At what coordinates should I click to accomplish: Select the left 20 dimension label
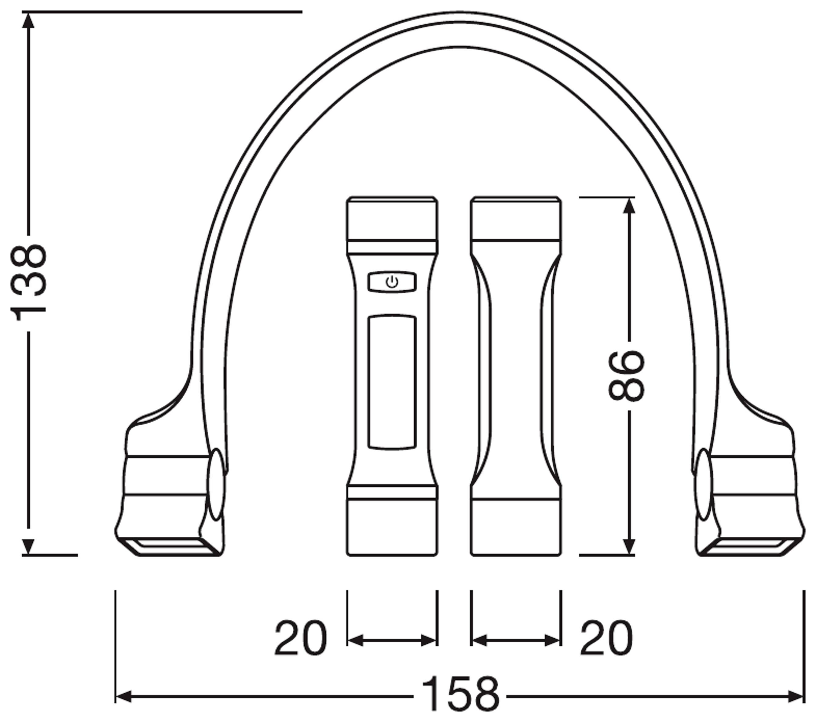click(300, 639)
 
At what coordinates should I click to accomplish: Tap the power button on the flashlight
click(392, 283)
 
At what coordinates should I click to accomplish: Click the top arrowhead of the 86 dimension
click(629, 206)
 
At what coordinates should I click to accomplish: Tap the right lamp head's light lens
click(746, 546)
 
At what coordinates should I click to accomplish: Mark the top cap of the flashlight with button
click(392, 220)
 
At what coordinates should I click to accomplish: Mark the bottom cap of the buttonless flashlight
click(516, 527)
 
